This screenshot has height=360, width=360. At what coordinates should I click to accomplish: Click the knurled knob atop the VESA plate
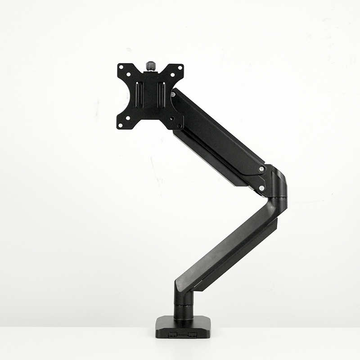(x=150, y=66)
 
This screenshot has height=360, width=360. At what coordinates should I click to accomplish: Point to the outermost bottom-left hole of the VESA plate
(x=120, y=126)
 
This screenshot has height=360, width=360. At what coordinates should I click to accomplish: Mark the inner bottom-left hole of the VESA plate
(x=128, y=118)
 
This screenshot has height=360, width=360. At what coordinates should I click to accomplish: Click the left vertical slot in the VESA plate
(x=139, y=94)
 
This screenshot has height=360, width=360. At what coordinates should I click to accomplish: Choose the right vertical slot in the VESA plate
(x=161, y=94)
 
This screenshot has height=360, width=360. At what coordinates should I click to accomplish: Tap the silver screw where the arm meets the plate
(x=173, y=94)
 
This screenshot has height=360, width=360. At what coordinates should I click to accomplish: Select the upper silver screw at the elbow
(x=261, y=169)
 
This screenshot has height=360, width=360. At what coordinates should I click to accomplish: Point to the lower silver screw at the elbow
(x=261, y=187)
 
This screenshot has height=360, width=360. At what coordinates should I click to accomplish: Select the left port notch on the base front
(x=173, y=335)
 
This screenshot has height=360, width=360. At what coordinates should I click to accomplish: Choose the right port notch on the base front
(x=193, y=335)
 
